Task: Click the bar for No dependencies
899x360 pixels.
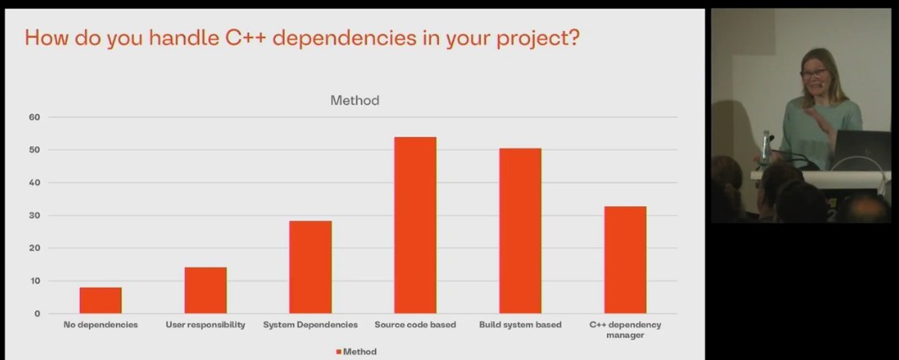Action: [x=101, y=300]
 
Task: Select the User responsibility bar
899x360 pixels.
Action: [x=206, y=290]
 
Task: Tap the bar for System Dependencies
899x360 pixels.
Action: [x=310, y=267]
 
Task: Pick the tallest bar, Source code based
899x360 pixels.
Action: [x=415, y=225]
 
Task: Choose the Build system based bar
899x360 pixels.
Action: [x=520, y=230]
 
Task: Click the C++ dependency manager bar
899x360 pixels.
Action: [x=625, y=259]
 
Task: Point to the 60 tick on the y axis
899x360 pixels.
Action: [x=34, y=117]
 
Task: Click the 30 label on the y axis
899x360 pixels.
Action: [x=34, y=215]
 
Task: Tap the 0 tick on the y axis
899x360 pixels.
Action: [x=37, y=314]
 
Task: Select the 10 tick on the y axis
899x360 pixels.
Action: [x=34, y=281]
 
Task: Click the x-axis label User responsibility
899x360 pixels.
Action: [x=206, y=325]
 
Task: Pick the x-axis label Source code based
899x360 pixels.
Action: [x=415, y=325]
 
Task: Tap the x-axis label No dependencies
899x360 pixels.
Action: [x=101, y=325]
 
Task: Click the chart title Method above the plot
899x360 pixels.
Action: [x=354, y=101]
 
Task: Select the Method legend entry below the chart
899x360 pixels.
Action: [x=356, y=352]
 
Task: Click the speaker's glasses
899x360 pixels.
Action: [x=812, y=74]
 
